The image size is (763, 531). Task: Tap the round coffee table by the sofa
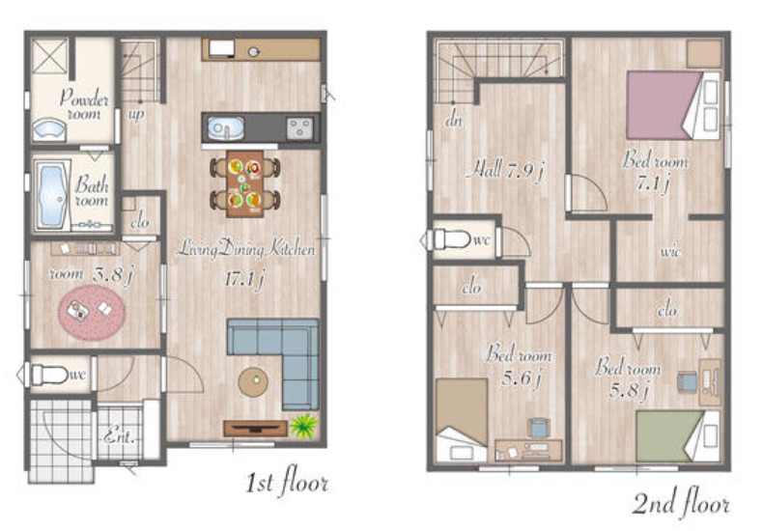coord(253,381)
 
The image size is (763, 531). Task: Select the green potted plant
coord(303,426)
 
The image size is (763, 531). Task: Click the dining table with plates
coord(244,183)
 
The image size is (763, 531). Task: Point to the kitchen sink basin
coord(226,128)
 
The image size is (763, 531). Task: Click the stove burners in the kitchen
coord(299,128)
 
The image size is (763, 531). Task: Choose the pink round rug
coord(92,312)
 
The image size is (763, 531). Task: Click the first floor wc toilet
coord(48,375)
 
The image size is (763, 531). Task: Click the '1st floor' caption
coord(286,482)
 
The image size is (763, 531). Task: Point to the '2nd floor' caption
coord(681,503)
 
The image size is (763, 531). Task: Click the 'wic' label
coord(670,251)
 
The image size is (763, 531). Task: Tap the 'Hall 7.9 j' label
coord(504,171)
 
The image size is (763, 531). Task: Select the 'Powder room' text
coord(84,104)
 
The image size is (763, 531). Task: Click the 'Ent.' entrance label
coord(119,434)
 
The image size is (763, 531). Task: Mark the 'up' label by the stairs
coord(136,115)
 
